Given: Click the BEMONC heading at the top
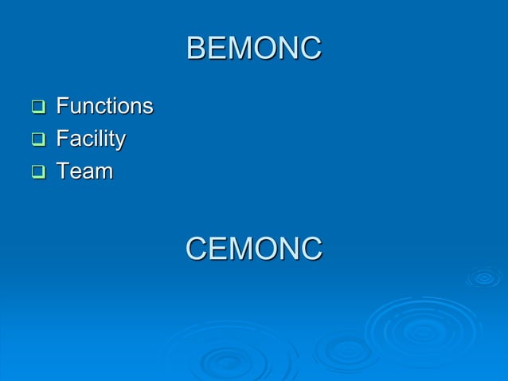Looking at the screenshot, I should point(253,49).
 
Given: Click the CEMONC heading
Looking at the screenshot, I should point(253,248).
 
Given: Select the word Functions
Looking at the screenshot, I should point(104,106).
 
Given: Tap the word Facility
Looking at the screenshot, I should point(90,139).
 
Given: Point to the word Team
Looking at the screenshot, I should point(84,171).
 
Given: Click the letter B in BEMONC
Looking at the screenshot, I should point(195,49).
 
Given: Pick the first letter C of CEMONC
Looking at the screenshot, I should point(196,248).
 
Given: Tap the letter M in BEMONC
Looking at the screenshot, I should point(239,49).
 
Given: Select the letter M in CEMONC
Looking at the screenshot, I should point(240,248).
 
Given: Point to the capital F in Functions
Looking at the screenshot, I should point(61,106).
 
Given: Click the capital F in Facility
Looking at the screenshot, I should point(61,139).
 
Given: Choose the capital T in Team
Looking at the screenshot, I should point(61,171).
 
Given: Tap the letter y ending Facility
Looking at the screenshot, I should point(120,142).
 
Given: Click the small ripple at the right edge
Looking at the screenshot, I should point(483,277).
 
